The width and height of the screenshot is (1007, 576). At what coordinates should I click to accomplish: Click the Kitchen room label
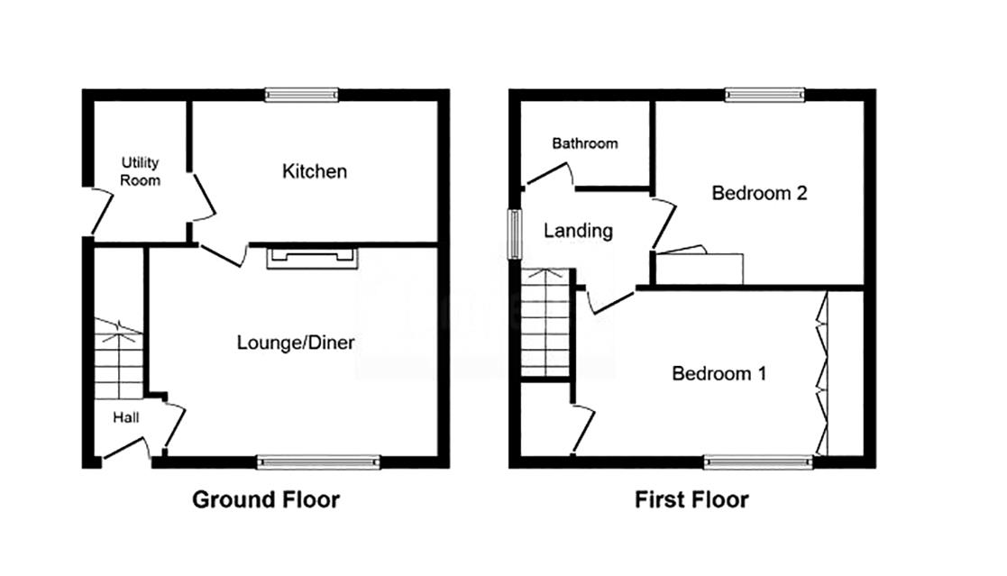315,171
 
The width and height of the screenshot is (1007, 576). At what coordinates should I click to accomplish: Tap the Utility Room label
140,171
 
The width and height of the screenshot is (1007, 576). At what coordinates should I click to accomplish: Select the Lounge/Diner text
296,343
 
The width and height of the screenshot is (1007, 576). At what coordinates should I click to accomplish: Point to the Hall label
126,418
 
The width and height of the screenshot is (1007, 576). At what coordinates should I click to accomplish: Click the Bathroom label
585,143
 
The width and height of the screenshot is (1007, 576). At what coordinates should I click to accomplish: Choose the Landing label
578,231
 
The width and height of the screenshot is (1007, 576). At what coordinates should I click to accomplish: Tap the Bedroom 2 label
759,193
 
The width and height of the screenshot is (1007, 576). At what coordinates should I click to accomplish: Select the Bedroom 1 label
719,373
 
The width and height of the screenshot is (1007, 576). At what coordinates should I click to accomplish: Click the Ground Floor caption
266,499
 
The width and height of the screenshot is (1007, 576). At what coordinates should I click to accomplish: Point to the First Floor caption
691,499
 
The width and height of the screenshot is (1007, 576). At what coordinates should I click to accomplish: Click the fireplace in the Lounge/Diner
313,257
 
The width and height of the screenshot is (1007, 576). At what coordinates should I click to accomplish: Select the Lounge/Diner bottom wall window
318,462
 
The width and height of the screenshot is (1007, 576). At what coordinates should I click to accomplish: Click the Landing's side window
515,234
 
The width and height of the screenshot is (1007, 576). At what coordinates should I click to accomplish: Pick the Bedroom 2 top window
764,95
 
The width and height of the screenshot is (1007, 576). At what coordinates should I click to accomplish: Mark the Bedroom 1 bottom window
758,462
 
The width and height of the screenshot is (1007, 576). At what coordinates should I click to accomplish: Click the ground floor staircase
119,359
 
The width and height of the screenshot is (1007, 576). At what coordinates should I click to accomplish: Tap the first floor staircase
546,323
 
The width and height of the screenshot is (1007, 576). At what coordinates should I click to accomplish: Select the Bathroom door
550,175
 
